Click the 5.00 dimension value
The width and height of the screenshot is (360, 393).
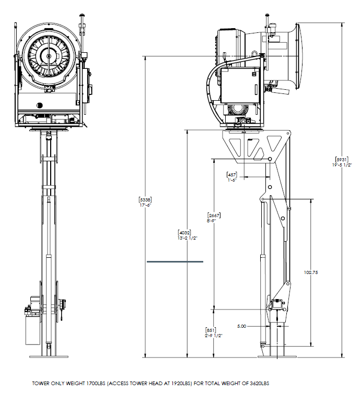241,326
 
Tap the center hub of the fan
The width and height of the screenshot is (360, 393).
49,56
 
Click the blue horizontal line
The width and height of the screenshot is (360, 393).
175,261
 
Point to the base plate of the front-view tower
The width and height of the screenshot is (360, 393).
49,356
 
